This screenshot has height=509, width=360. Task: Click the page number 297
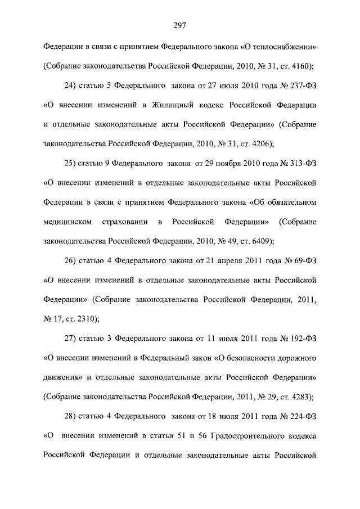180,25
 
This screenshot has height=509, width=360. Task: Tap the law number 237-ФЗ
299,87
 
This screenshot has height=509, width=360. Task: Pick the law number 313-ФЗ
299,164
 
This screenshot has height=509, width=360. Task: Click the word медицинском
67,222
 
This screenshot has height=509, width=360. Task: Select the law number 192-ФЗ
299,339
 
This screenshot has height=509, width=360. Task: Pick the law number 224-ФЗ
299,417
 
